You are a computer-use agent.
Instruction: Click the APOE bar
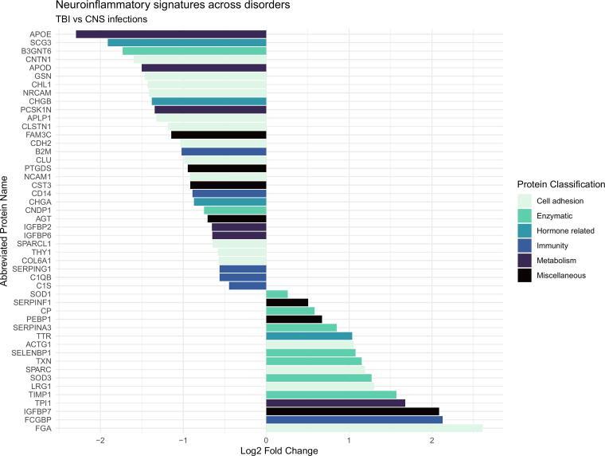tap(171, 34)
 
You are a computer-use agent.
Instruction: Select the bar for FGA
tap(374, 428)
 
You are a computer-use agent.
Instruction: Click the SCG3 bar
tap(187, 42)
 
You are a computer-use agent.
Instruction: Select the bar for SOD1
tap(276, 294)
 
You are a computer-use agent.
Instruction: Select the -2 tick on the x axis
tap(100, 439)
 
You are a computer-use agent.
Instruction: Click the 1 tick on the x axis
tap(349, 439)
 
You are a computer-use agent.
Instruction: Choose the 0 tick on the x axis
tap(266, 439)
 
